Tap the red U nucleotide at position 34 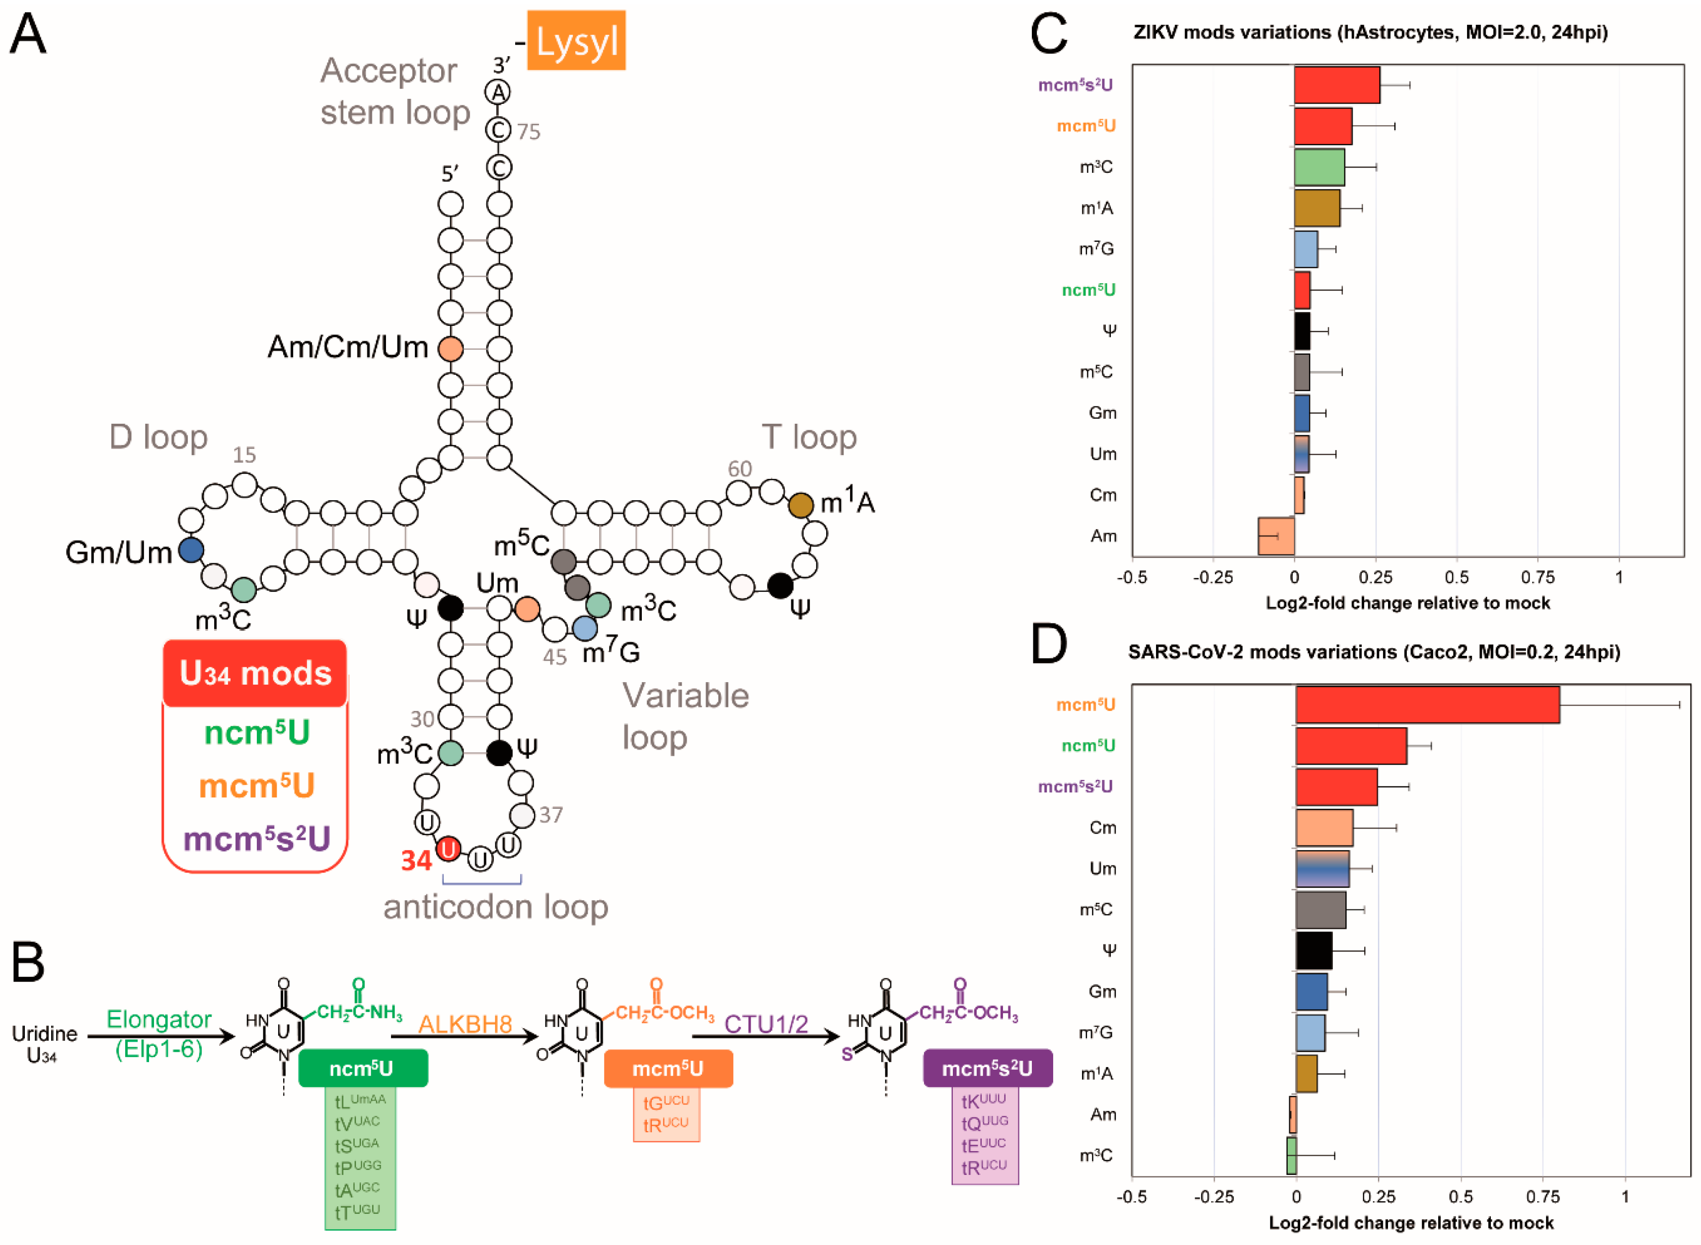click(449, 850)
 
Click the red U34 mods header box click(255, 673)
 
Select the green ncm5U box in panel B click(363, 1068)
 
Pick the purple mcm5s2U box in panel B click(987, 1068)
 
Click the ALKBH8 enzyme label click(465, 1024)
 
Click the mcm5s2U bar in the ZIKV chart click(1336, 85)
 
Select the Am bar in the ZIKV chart click(1275, 536)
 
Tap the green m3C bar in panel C click(1319, 166)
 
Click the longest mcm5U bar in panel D click(1427, 704)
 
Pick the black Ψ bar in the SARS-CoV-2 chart click(1314, 950)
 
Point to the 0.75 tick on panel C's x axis click(1538, 577)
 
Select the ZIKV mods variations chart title click(1370, 32)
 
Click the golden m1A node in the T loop click(800, 505)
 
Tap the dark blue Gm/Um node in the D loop click(191, 550)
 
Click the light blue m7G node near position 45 click(585, 628)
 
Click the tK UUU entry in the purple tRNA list click(984, 1101)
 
